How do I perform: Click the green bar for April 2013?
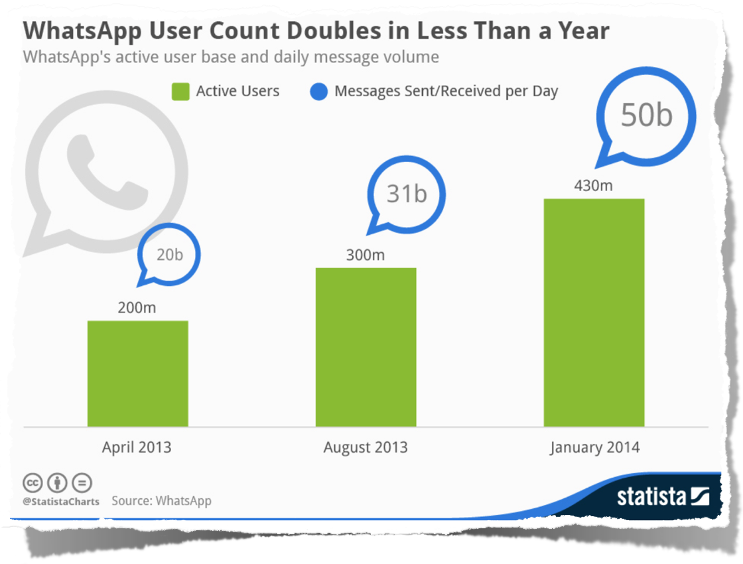click(x=137, y=373)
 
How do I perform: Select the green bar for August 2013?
click(x=366, y=346)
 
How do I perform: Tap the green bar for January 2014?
click(x=594, y=312)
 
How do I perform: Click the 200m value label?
click(x=137, y=308)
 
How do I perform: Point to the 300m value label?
click(x=366, y=255)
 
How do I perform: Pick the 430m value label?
click(x=593, y=186)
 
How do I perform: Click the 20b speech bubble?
click(x=169, y=255)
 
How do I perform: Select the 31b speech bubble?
click(x=406, y=194)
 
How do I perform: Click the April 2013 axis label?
click(x=137, y=447)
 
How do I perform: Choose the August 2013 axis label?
click(x=366, y=447)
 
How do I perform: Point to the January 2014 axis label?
click(x=594, y=447)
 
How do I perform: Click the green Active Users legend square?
click(x=180, y=92)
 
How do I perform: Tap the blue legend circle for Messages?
click(x=319, y=92)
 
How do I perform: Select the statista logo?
click(x=663, y=496)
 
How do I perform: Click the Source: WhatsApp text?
click(x=161, y=501)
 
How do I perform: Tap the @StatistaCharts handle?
click(x=61, y=502)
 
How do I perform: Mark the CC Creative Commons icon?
click(x=33, y=482)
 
